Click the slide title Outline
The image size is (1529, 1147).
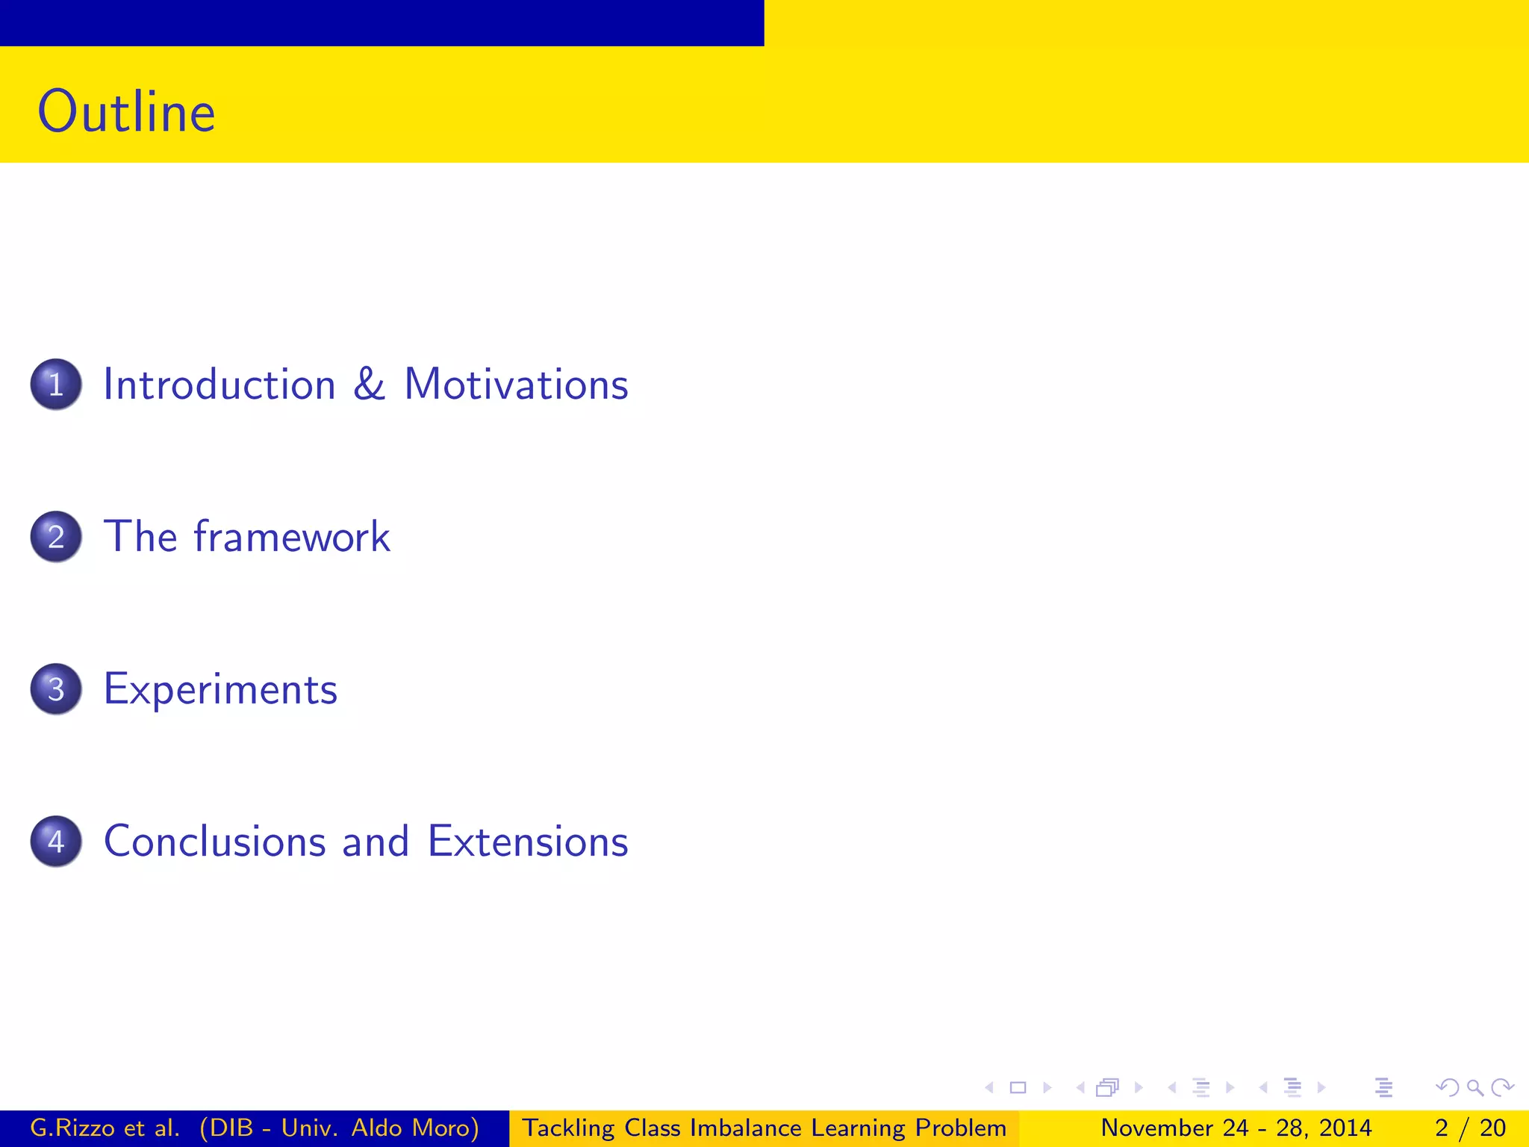pyautogui.click(x=127, y=112)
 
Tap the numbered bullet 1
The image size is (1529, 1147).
pyautogui.click(x=56, y=385)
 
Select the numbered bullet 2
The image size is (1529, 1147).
pyautogui.click(x=56, y=537)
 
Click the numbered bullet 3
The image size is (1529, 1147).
pyautogui.click(x=56, y=689)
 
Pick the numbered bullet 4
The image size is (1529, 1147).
pyautogui.click(x=56, y=842)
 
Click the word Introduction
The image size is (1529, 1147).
pyautogui.click(x=219, y=385)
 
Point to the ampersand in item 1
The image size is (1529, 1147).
pyautogui.click(x=369, y=385)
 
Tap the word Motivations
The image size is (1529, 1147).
pyautogui.click(x=516, y=385)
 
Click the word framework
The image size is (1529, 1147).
pyautogui.click(x=292, y=537)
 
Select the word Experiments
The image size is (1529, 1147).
pyautogui.click(x=220, y=689)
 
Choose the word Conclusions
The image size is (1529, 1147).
pyautogui.click(x=215, y=842)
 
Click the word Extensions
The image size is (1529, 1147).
pyautogui.click(x=528, y=842)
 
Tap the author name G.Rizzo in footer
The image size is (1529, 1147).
pyautogui.click(x=72, y=1128)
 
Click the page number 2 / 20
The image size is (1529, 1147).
pyautogui.click(x=1470, y=1128)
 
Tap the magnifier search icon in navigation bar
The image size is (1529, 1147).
pyautogui.click(x=1474, y=1088)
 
